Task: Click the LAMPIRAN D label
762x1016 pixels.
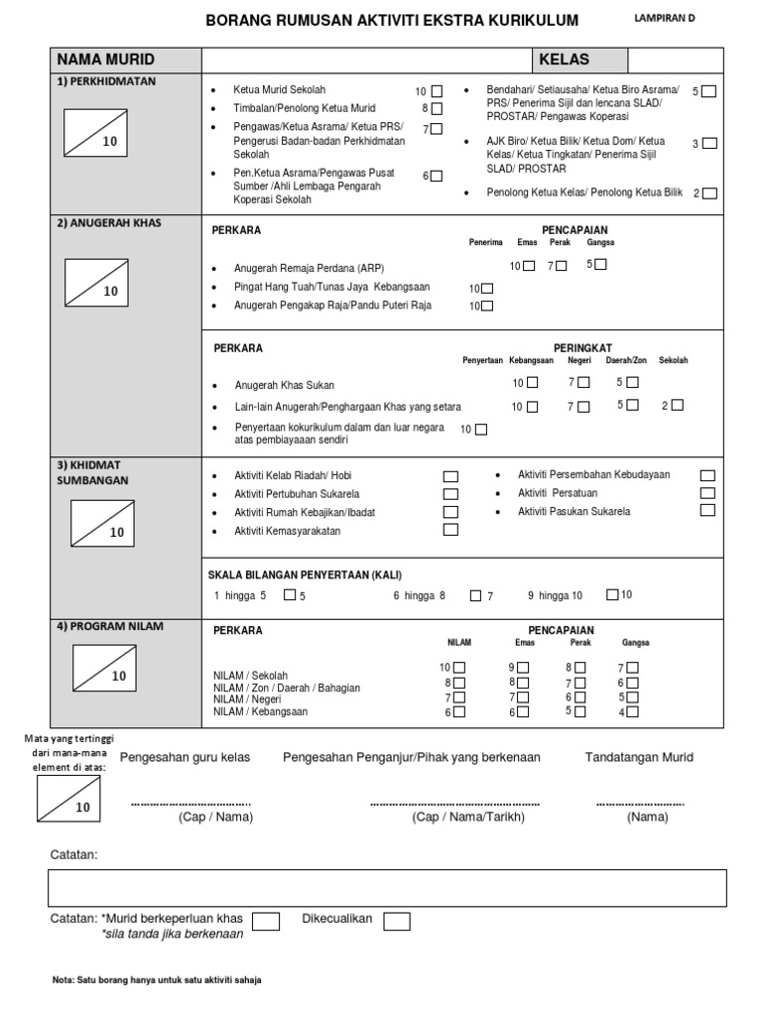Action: point(666,18)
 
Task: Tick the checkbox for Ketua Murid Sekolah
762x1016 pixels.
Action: point(438,91)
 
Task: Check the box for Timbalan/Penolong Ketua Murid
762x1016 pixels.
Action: point(438,108)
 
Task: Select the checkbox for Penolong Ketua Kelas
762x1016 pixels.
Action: point(709,193)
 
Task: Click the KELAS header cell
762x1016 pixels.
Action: point(564,60)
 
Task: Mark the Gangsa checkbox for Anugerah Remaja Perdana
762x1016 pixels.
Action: point(601,265)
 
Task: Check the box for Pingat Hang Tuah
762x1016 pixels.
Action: point(487,288)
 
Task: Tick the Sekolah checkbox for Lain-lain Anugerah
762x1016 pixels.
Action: point(677,405)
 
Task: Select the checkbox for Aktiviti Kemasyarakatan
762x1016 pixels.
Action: point(450,530)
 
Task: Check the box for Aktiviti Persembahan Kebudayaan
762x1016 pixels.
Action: point(707,475)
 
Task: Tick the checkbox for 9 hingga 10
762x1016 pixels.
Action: point(612,594)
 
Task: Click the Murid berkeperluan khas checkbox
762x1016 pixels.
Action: point(265,922)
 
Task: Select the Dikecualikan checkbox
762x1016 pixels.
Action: point(397,922)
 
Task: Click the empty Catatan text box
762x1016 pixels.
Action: point(387,888)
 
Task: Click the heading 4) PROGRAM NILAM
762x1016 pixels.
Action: point(109,626)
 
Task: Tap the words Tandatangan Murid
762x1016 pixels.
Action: point(639,757)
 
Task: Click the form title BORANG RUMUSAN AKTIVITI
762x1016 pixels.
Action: point(391,21)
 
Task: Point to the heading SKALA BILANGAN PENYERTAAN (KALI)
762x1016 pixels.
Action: point(305,575)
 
